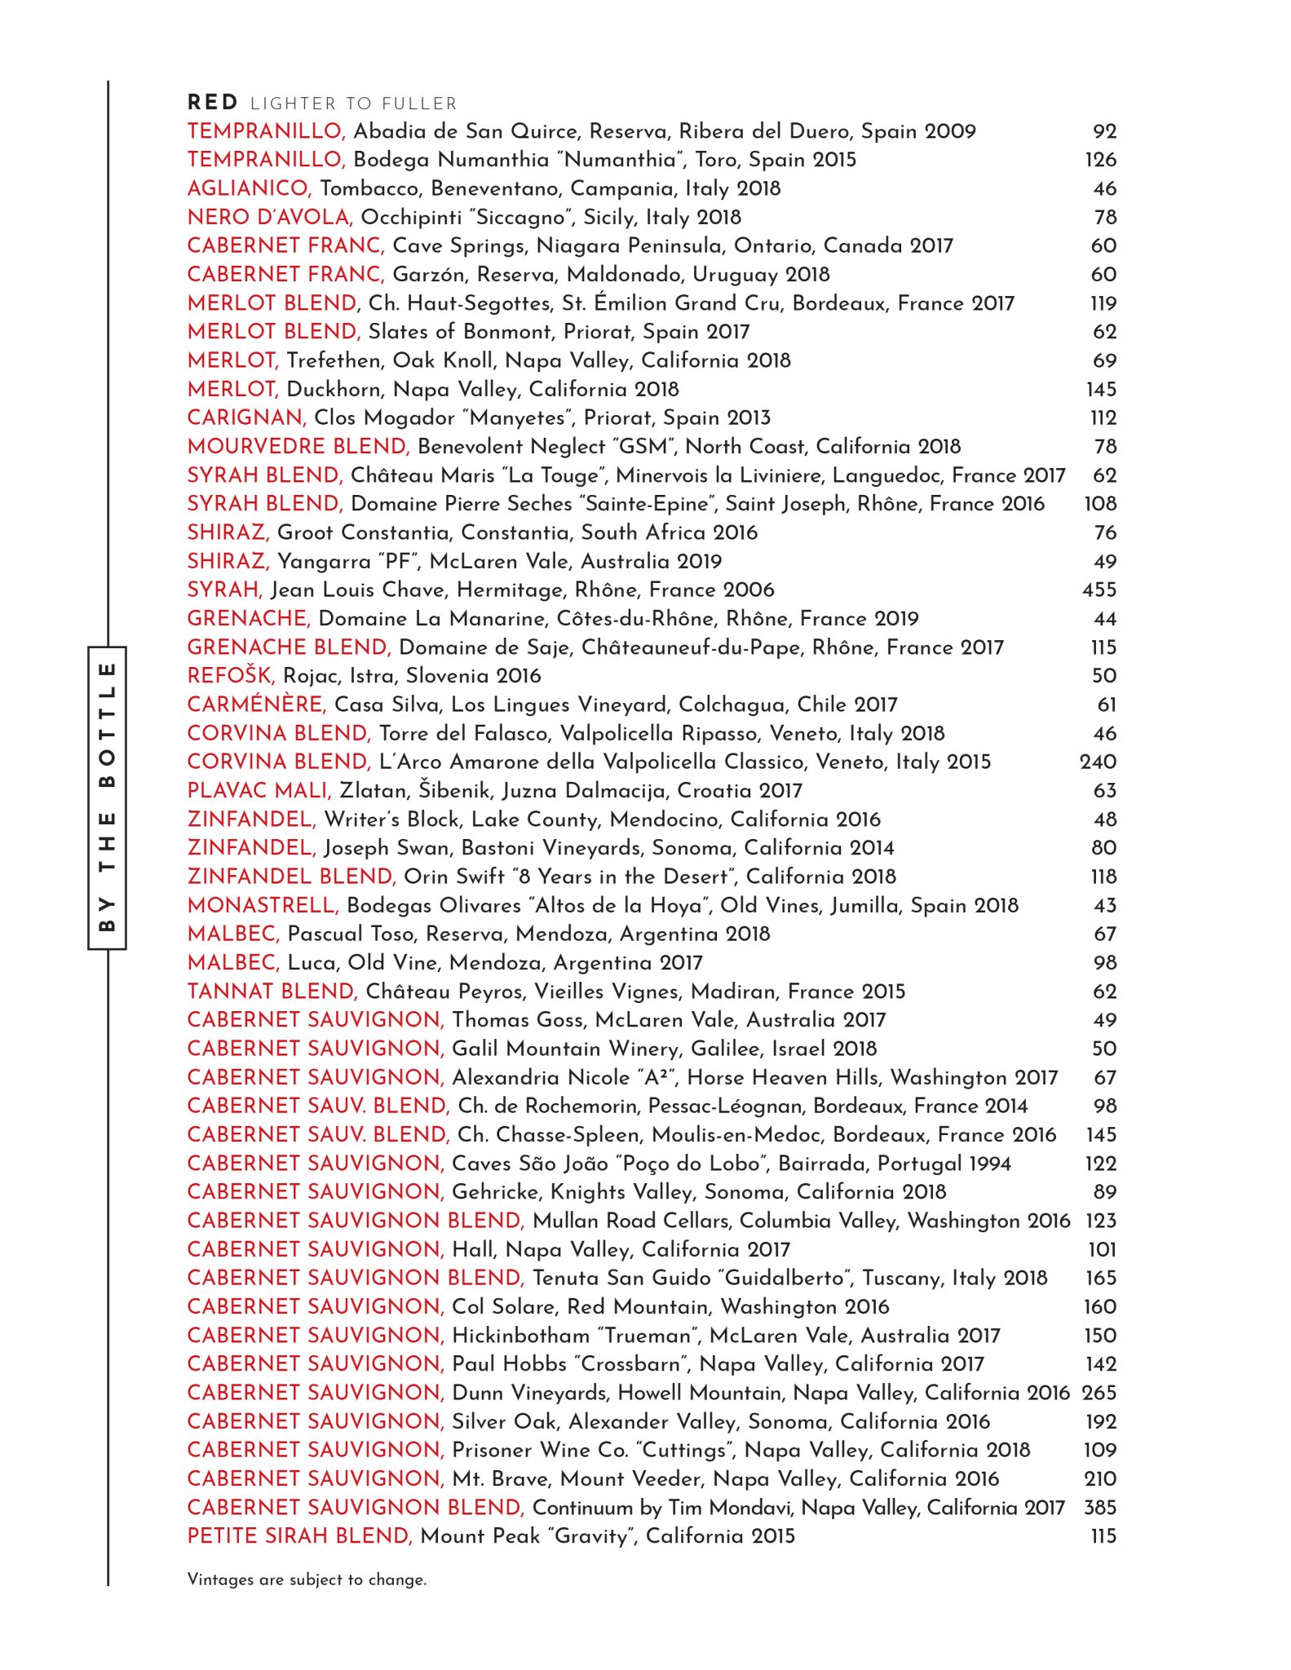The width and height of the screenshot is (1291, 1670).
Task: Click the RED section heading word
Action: point(212,103)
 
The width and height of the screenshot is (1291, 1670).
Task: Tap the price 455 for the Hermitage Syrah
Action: point(1099,590)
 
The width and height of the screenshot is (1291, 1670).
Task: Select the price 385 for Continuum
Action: point(1099,1507)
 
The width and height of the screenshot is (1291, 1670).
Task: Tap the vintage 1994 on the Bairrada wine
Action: point(984,1163)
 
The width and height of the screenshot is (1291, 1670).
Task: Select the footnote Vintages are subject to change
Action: point(307,1579)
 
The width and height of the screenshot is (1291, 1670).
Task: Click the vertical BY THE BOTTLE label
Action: point(107,797)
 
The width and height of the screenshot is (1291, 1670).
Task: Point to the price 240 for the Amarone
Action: point(1098,762)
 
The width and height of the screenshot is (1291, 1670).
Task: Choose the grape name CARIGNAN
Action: point(246,417)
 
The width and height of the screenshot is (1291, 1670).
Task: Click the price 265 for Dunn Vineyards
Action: point(1099,1392)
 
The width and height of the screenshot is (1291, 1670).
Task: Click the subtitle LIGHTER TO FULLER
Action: point(353,104)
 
